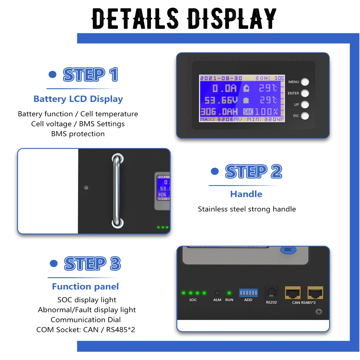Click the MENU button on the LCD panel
point(305,82)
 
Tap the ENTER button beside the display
point(305,93)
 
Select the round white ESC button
point(305,116)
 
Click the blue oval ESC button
point(288,250)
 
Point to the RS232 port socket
point(271,292)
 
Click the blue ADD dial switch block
point(248,292)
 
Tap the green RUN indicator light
point(229,293)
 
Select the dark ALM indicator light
point(217,293)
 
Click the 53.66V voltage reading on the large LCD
point(221,100)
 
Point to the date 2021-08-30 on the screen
point(221,78)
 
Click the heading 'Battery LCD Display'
point(78,99)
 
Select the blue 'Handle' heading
point(246,194)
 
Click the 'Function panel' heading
point(85,286)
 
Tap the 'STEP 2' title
point(253,172)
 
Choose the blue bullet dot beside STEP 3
point(54,263)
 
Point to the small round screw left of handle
point(86,187)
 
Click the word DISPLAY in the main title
point(231,19)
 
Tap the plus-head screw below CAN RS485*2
point(319,312)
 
